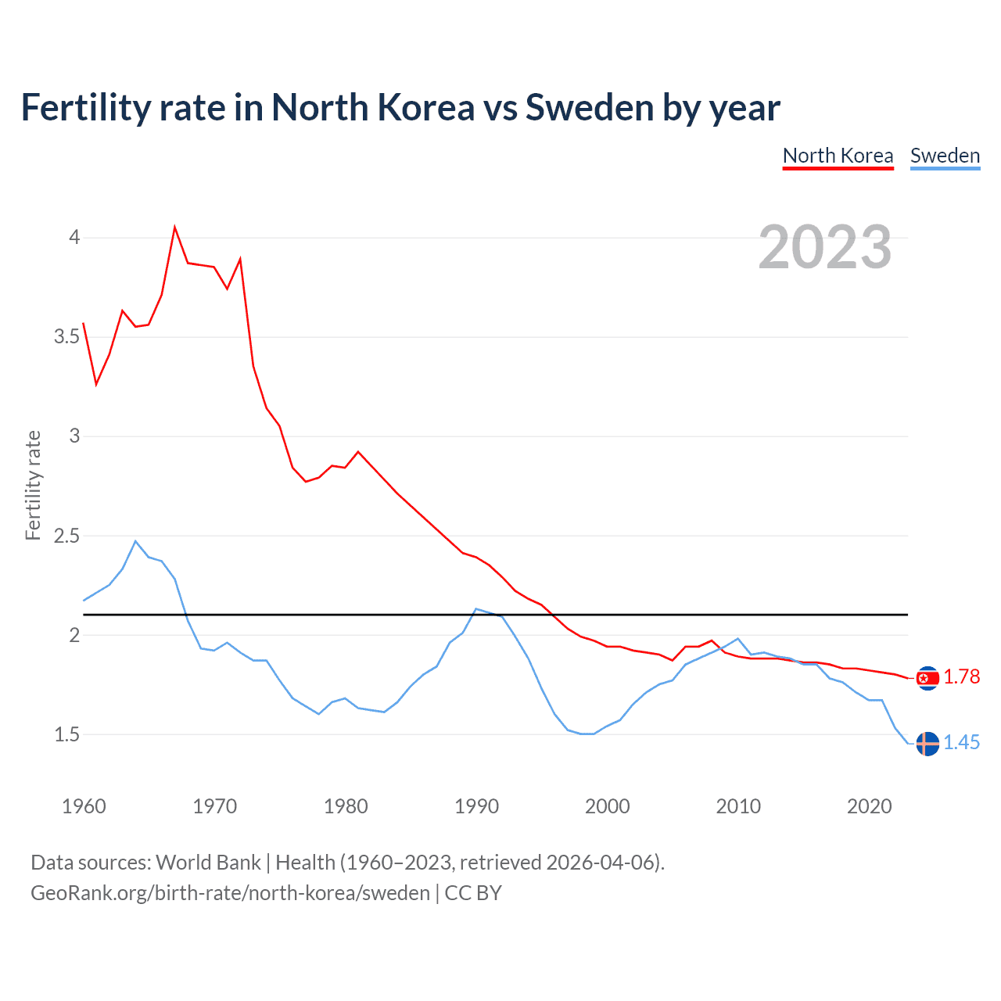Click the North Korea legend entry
(x=838, y=156)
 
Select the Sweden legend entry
(x=945, y=156)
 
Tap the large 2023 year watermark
(x=825, y=247)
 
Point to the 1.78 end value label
(x=961, y=677)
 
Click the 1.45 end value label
(x=961, y=743)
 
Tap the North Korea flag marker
(x=927, y=678)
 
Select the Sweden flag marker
(x=927, y=744)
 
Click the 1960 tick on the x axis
(x=84, y=806)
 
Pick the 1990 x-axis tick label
(x=476, y=806)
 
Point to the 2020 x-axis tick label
(x=869, y=806)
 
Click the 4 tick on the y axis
(x=74, y=237)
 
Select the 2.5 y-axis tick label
(x=67, y=536)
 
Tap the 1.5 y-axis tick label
(x=67, y=735)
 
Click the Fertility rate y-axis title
(x=33, y=485)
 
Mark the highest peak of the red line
(x=174, y=228)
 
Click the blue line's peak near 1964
(x=135, y=541)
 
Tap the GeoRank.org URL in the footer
(x=230, y=893)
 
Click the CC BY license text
(x=473, y=893)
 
